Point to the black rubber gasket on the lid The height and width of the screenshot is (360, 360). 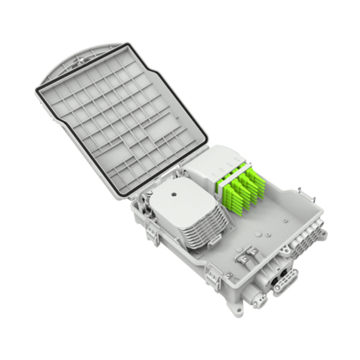(41, 96)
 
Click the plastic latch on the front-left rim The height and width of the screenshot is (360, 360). (212, 275)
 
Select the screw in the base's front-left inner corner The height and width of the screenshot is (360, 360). (229, 274)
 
